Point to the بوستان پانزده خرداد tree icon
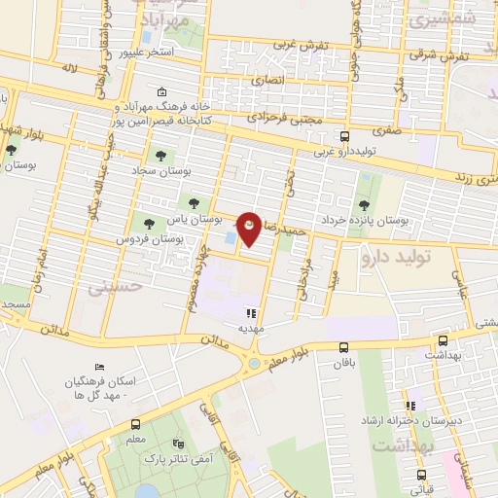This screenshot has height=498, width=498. click(364, 204)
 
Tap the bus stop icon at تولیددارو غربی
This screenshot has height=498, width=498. click(343, 136)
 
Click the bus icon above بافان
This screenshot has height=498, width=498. click(343, 347)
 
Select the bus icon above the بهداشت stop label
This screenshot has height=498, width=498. click(444, 340)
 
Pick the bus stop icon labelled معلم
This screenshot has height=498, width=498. click(134, 424)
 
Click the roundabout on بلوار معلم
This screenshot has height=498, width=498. click(255, 363)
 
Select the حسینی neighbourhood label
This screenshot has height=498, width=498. click(115, 288)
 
